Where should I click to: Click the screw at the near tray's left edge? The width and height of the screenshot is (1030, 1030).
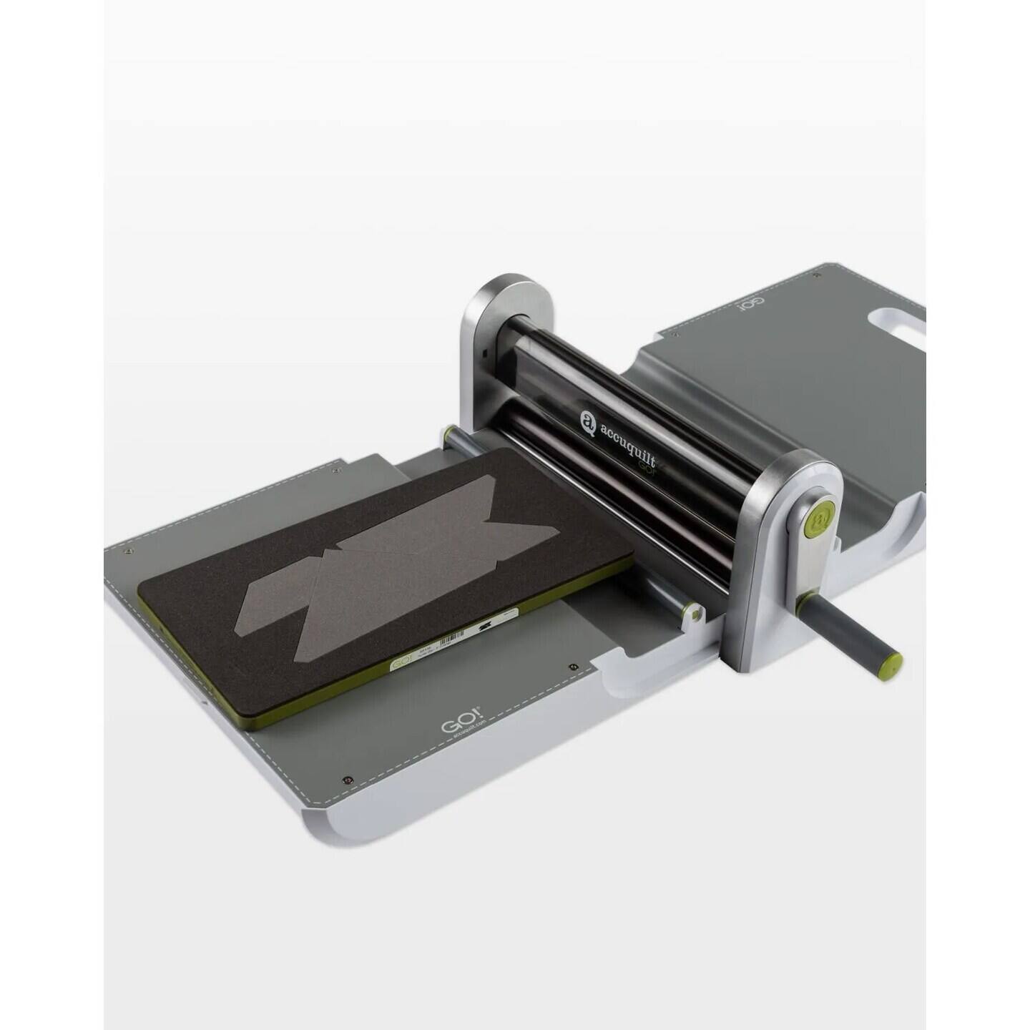tap(127, 551)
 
